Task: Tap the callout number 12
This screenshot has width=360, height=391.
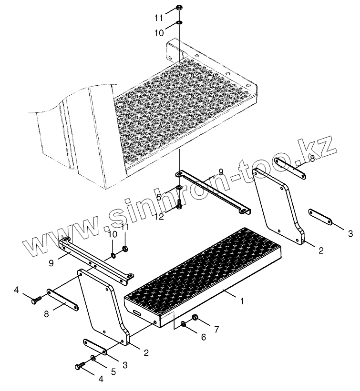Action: click(159, 216)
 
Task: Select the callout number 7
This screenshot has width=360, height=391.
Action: click(216, 330)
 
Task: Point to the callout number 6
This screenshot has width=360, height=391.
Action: click(204, 337)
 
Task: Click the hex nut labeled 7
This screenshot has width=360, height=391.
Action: click(195, 318)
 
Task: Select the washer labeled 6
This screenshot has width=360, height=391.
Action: click(184, 324)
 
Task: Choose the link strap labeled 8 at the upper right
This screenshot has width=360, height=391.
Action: click(292, 170)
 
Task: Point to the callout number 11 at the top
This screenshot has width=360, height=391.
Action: click(159, 18)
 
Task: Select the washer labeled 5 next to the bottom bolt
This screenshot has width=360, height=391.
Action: click(93, 358)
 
